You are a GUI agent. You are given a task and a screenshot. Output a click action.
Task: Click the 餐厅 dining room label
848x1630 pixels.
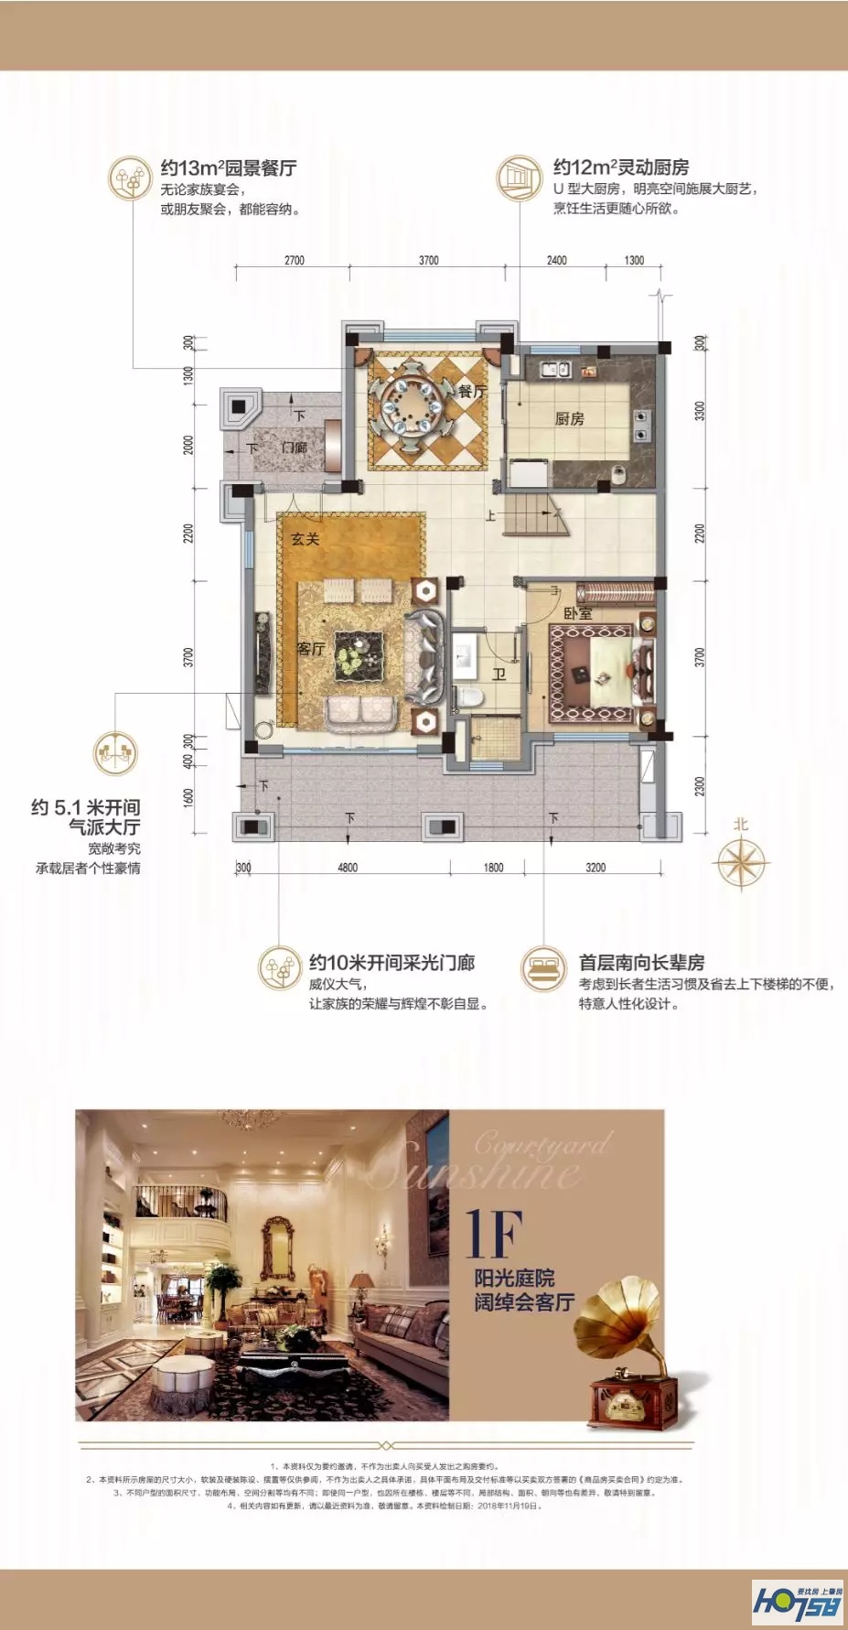point(472,392)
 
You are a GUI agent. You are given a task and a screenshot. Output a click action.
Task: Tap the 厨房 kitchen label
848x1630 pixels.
point(569,419)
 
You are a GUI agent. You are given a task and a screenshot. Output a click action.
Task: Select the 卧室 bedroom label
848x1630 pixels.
point(578,613)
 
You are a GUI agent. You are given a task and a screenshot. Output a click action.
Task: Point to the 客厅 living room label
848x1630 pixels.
point(311,649)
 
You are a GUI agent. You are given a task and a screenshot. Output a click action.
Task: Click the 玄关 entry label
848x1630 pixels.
point(305,539)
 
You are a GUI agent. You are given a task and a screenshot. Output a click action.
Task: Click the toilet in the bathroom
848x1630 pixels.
point(470,697)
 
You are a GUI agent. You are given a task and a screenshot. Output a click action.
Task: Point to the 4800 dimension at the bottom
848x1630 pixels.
point(348,868)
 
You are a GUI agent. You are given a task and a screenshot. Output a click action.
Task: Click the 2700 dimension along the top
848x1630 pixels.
point(294,261)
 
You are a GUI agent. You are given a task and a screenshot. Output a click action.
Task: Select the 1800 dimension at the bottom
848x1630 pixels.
point(493,868)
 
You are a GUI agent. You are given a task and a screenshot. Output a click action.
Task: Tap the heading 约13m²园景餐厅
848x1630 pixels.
point(229,168)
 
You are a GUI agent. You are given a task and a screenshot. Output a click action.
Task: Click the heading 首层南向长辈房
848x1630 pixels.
point(641,963)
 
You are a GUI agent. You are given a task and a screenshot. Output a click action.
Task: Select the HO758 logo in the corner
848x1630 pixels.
point(796,1603)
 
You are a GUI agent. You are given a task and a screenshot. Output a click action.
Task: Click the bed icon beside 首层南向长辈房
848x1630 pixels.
point(543,969)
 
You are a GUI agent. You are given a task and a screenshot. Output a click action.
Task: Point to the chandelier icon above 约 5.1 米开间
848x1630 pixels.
point(115,753)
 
